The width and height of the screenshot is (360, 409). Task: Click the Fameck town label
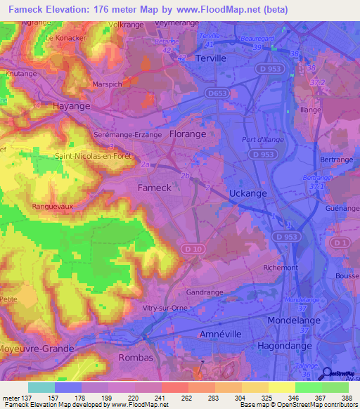click(154, 188)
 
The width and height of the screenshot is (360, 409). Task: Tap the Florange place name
click(188, 134)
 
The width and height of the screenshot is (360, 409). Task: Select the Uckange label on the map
click(250, 193)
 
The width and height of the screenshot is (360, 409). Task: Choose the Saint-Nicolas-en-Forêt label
click(94, 156)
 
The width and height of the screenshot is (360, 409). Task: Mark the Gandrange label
click(205, 292)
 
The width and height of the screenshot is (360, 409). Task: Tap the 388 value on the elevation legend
click(345, 398)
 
